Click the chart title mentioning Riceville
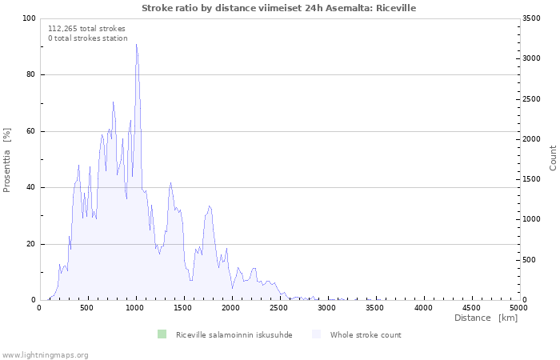[x=278, y=8]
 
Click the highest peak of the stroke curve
[x=137, y=44]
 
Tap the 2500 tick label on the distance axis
[x=278, y=308]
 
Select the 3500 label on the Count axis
[x=531, y=18]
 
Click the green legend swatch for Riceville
[x=162, y=334]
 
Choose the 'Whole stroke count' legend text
[x=366, y=335]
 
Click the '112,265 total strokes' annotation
[x=86, y=29]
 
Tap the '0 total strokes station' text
[x=88, y=38]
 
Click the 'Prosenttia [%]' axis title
[x=6, y=160]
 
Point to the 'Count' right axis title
[x=553, y=158]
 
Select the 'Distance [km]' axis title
[x=486, y=318]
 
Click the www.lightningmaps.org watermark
[x=45, y=355]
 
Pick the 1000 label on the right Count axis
[x=531, y=219]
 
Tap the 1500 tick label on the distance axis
[x=183, y=308]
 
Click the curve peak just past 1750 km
[x=210, y=206]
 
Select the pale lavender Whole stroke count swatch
[x=317, y=334]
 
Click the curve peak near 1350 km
[x=170, y=183]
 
